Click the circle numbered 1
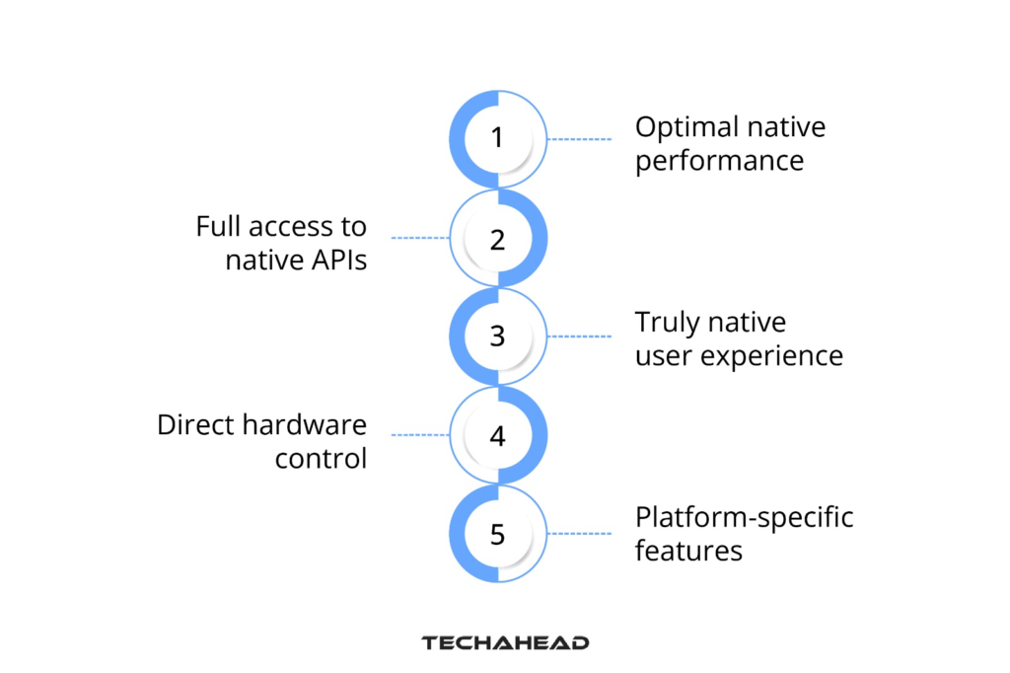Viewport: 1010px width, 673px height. [x=498, y=139]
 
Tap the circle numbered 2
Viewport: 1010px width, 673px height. [x=498, y=239]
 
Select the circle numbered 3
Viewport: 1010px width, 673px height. [x=498, y=336]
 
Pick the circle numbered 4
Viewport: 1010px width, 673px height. [x=498, y=435]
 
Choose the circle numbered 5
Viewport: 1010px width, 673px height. [x=498, y=534]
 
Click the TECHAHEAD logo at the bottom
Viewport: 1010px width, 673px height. [x=505, y=642]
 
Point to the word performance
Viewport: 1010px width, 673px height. [x=719, y=160]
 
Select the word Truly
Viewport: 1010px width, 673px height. [x=668, y=323]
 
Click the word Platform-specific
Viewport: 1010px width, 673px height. [x=744, y=517]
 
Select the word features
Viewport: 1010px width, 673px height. [x=688, y=550]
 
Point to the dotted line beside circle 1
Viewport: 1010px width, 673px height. [x=580, y=140]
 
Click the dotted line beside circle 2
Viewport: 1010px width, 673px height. [x=420, y=239]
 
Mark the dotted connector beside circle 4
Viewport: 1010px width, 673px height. [x=420, y=435]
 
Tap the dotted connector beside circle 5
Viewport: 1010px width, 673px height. [x=580, y=534]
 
